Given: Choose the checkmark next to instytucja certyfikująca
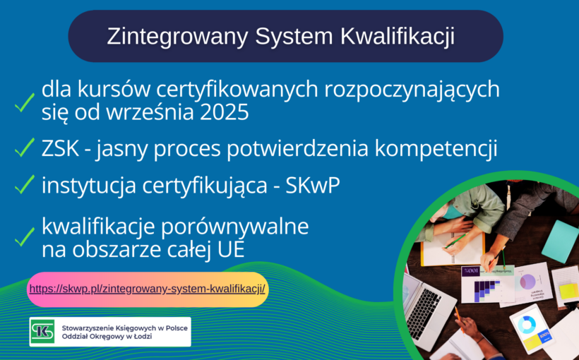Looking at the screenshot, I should coord(25,184).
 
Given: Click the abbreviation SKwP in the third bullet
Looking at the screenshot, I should coord(313,186).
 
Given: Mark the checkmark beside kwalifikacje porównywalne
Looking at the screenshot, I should coord(25,236).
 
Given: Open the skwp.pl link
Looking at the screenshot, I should coord(148,289).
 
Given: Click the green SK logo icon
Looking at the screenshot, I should coord(42,332).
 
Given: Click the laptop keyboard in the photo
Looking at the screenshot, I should coord(424,311).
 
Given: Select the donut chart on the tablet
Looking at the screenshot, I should coord(527,324).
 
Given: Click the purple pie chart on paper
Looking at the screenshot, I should coord(527,281).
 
